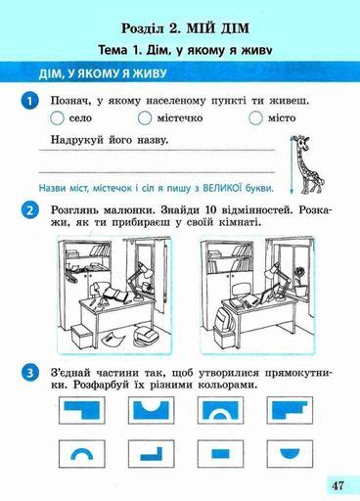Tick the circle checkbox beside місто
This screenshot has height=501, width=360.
256,119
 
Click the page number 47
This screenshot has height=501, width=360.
337,484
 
